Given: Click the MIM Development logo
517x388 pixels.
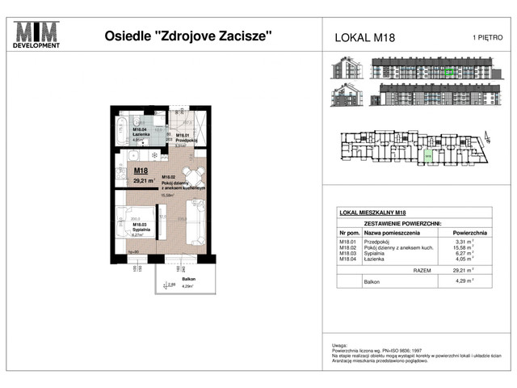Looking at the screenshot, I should tap(36, 35).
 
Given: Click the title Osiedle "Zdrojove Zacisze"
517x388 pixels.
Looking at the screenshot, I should tap(188, 36).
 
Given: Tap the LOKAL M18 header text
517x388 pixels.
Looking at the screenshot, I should tap(364, 37).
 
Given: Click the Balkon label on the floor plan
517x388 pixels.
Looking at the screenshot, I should tap(167, 278).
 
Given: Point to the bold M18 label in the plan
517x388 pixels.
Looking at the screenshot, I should tap(141, 171).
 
